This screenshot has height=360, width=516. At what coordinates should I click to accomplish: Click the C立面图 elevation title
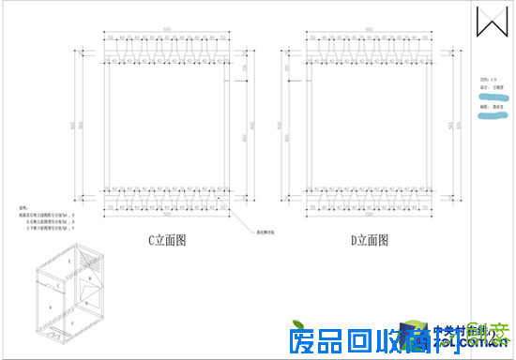click(167, 241)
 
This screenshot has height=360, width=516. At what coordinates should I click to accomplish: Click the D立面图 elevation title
click(369, 241)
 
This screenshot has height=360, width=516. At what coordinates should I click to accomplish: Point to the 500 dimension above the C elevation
click(166, 31)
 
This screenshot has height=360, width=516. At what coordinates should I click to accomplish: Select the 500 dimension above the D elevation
click(369, 31)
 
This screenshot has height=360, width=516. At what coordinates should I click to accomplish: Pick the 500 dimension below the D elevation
click(369, 215)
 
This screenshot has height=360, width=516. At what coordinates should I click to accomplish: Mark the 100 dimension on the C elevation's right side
click(244, 67)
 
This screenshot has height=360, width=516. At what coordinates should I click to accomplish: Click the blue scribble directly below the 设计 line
click(491, 97)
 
